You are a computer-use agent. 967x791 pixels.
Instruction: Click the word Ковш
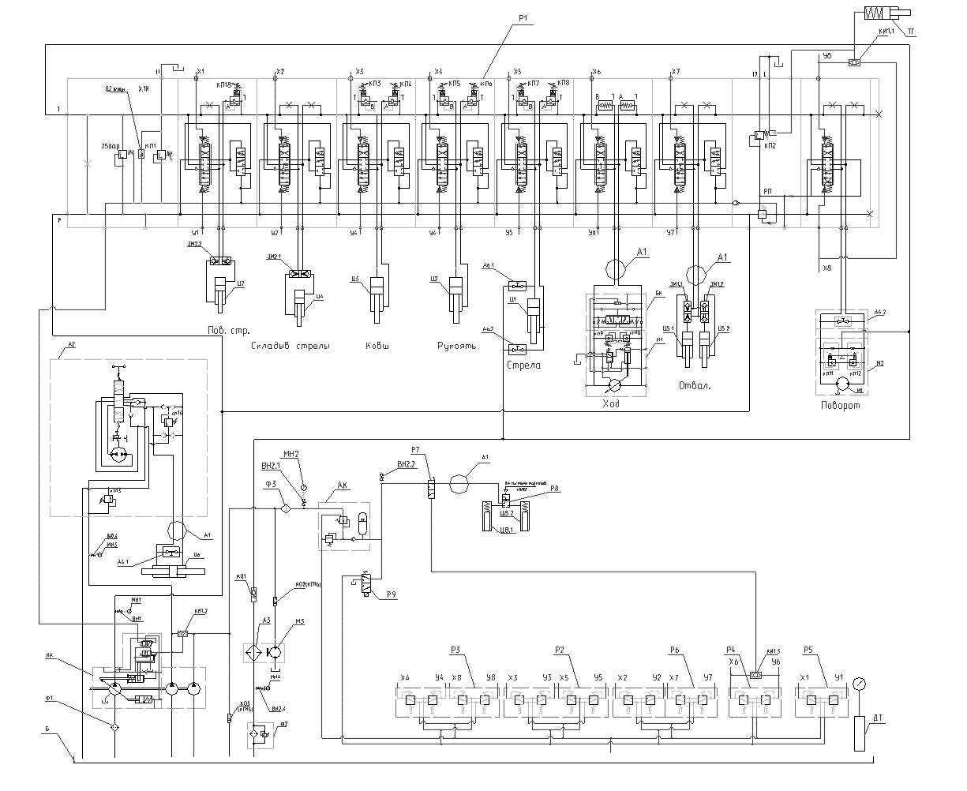[x=378, y=346]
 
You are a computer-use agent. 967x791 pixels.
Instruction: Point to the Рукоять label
[x=456, y=346]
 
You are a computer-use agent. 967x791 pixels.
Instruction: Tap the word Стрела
[x=525, y=366]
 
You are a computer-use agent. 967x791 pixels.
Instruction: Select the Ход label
[x=613, y=404]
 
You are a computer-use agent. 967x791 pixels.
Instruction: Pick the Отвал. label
[x=695, y=386]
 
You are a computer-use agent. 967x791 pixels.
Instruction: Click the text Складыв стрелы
[x=290, y=346]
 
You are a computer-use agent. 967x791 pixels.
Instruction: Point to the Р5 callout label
[x=808, y=650]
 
